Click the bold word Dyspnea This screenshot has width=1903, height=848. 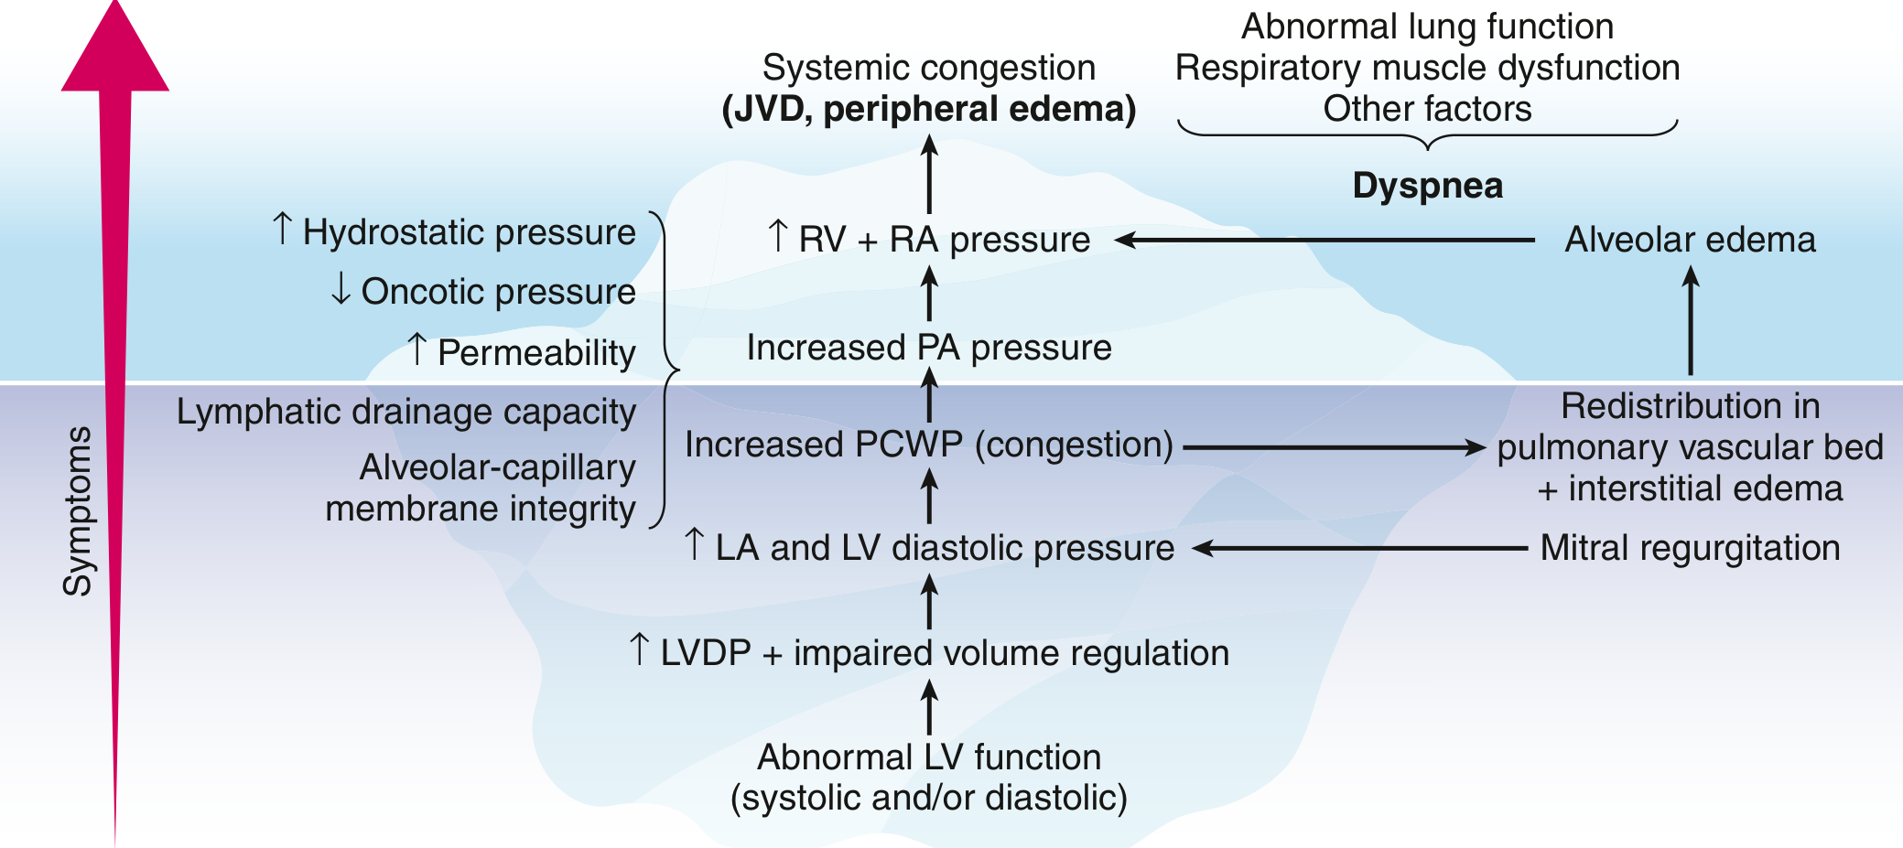tap(1427, 186)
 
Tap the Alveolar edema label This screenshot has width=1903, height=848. tap(1690, 240)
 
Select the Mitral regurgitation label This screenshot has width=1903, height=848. tap(1690, 548)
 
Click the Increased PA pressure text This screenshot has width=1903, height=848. tap(929, 348)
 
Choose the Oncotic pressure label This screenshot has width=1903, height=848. tap(498, 292)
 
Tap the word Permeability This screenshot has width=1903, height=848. tap(536, 353)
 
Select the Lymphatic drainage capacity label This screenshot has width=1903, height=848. tap(405, 412)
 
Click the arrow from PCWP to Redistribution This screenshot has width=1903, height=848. tap(1333, 447)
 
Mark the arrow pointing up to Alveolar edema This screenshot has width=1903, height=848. tap(1691, 320)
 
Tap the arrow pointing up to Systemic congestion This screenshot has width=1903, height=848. tap(929, 174)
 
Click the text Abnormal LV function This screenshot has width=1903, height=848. tap(929, 757)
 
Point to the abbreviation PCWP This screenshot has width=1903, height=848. tap(908, 445)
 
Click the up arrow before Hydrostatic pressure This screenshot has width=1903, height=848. tap(283, 230)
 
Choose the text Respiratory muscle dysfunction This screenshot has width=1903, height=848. tap(1427, 68)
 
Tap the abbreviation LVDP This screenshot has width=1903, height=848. tap(706, 653)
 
